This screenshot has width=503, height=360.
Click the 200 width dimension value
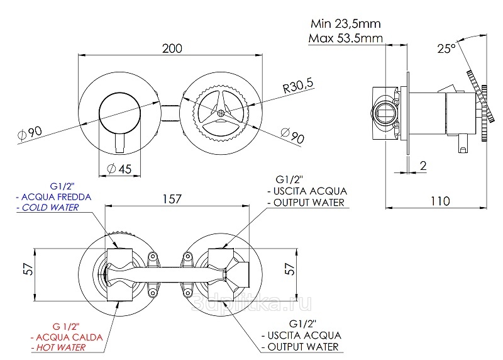pyautogui.click(x=173, y=48)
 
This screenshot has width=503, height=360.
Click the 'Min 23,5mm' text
pyautogui.click(x=345, y=25)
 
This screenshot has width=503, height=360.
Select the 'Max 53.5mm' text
pyautogui.click(x=346, y=38)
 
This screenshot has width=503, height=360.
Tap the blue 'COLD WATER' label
pyautogui.click(x=48, y=208)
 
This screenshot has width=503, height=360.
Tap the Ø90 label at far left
pyautogui.click(x=30, y=133)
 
